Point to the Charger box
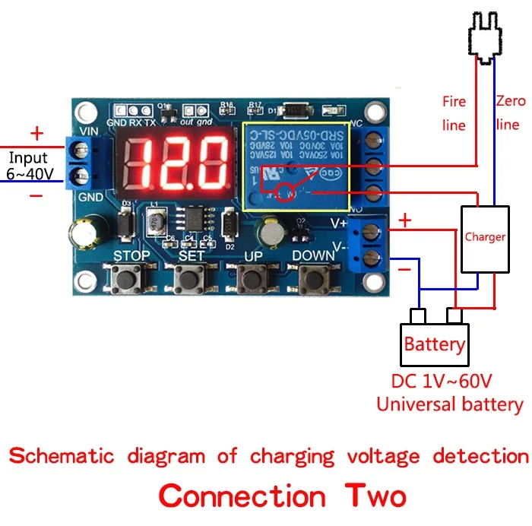[x=485, y=237]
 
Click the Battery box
[x=434, y=344]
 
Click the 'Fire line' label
[x=454, y=112]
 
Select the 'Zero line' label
[x=507, y=111]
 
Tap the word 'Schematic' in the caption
[x=61, y=456]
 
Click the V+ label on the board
[x=338, y=223]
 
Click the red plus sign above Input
[x=36, y=135]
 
